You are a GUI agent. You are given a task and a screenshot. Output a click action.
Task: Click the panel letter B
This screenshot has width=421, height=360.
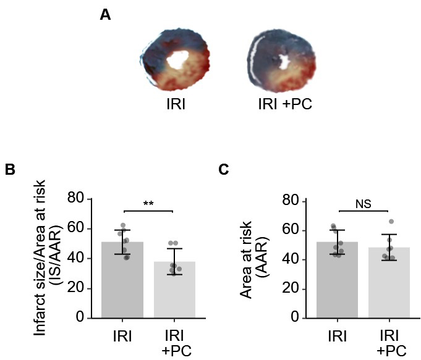tap(10, 169)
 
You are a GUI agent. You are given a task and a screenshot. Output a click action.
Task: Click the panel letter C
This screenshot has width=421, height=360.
tap(224, 169)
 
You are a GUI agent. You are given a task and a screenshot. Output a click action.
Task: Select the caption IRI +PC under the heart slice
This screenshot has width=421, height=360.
tap(284, 103)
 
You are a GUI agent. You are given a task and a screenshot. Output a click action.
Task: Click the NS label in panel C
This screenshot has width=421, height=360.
tap(363, 203)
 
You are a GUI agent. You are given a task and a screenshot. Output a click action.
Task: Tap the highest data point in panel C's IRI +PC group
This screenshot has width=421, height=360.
tap(391, 221)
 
